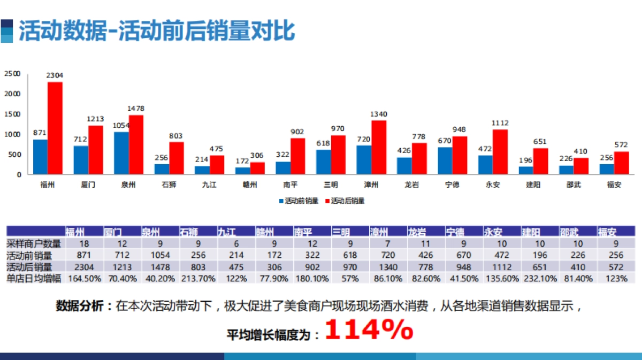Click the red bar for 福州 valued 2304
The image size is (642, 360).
tap(55, 128)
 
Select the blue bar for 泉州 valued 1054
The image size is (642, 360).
tap(121, 153)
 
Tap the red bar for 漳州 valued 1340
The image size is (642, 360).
tap(379, 147)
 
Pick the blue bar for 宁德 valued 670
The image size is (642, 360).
tap(445, 160)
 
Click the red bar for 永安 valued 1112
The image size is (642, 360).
tap(501, 152)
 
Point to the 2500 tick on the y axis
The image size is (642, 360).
tap(12, 74)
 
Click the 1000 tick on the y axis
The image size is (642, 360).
tap(12, 134)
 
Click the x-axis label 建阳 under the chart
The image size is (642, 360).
tap(526, 185)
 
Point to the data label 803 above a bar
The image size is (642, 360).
tap(177, 136)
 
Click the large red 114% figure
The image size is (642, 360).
tap(369, 331)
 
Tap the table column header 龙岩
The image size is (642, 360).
tap(417, 232)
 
